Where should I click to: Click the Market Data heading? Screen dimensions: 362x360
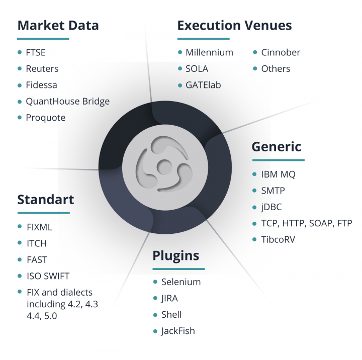click(x=58, y=26)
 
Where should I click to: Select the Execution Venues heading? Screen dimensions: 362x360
click(x=235, y=26)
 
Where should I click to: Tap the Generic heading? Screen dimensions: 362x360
click(x=277, y=147)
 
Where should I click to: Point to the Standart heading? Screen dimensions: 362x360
click(x=46, y=200)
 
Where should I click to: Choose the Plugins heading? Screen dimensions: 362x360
click(x=175, y=256)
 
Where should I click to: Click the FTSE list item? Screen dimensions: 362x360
click(x=36, y=52)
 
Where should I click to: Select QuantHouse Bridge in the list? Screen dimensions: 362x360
click(x=68, y=102)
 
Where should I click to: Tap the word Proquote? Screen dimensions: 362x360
click(x=45, y=118)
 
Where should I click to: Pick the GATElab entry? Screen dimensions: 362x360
click(x=203, y=85)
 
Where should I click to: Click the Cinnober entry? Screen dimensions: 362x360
click(x=281, y=52)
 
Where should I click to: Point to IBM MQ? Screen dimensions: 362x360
click(x=278, y=174)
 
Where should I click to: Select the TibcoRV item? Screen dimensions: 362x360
click(x=278, y=239)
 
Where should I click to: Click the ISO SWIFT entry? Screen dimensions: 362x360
click(x=48, y=276)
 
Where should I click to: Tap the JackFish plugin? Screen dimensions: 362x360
click(x=178, y=331)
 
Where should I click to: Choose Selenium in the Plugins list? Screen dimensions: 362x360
click(x=181, y=282)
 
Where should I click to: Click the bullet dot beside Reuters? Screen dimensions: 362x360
click(x=20, y=68)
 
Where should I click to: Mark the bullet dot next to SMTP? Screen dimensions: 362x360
click(x=254, y=191)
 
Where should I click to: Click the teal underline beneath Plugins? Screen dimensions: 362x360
click(x=178, y=269)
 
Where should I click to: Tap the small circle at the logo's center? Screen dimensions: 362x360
click(x=164, y=167)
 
